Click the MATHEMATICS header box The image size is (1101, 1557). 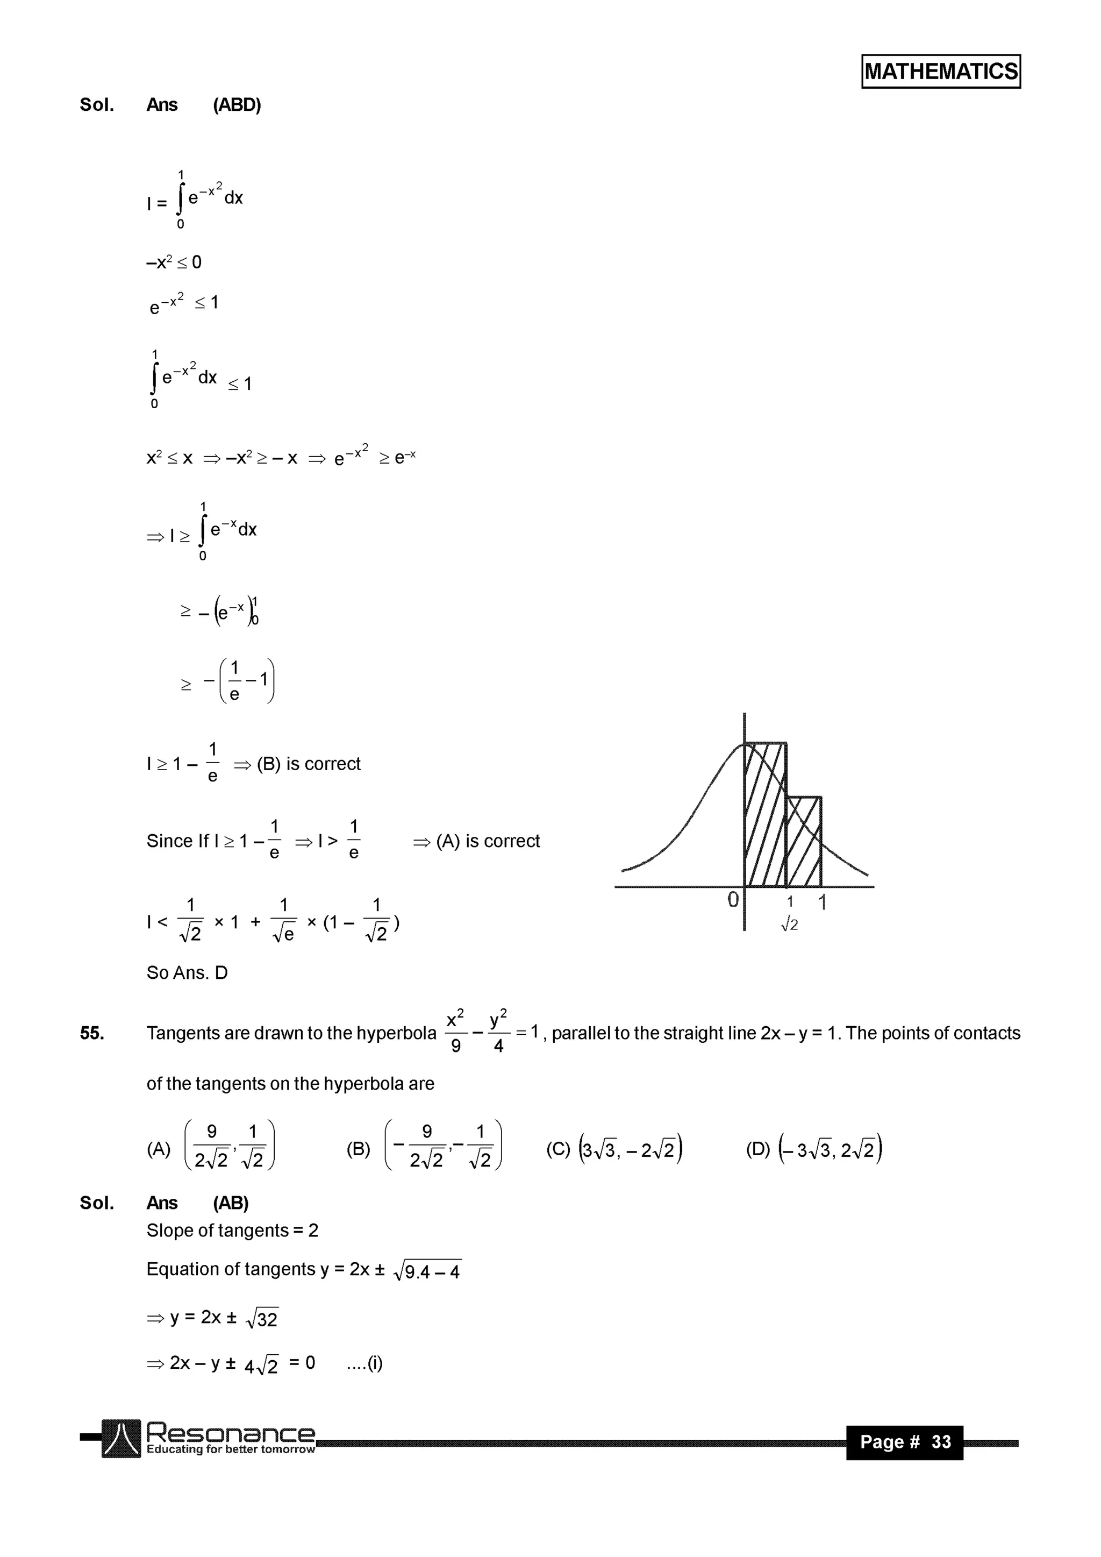tap(940, 71)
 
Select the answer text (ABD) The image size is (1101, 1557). tap(237, 105)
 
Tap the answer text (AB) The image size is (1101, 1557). tap(231, 1203)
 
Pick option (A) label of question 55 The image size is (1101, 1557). tap(159, 1149)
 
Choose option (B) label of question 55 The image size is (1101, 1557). tap(358, 1149)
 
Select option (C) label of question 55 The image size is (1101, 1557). tap(558, 1149)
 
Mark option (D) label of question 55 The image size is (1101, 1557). tap(758, 1149)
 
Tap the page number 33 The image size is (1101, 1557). tap(941, 1442)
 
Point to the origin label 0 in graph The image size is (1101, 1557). tap(733, 900)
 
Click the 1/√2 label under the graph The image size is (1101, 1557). tap(789, 913)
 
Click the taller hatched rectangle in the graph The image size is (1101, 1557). tap(766, 814)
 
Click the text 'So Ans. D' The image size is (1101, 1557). tap(187, 972)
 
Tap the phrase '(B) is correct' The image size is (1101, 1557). tap(309, 764)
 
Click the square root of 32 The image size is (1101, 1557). tap(262, 1318)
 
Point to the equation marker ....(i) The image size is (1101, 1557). tap(364, 1363)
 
